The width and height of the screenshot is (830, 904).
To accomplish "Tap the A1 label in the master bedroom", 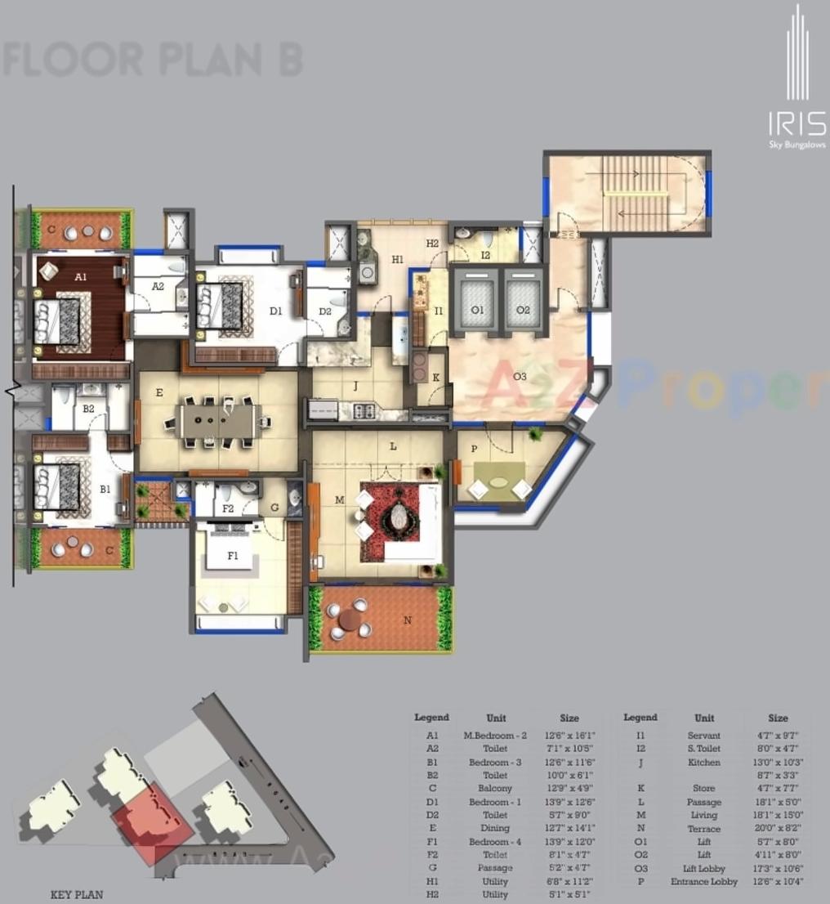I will pyautogui.click(x=80, y=277).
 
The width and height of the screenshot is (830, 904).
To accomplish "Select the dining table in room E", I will pyautogui.click(x=218, y=423).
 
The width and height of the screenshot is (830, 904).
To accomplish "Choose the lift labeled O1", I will pyautogui.click(x=476, y=309).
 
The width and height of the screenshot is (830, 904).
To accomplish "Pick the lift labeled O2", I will pyautogui.click(x=523, y=309).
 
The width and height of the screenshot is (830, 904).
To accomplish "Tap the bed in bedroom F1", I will pyautogui.click(x=233, y=557).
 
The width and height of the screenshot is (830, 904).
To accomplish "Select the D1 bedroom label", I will pyautogui.click(x=275, y=311).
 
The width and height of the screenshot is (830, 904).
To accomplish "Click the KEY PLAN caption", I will pyautogui.click(x=77, y=894).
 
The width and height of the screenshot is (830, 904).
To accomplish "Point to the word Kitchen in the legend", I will pyautogui.click(x=703, y=762).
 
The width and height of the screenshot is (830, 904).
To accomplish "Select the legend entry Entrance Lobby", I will pyautogui.click(x=703, y=881).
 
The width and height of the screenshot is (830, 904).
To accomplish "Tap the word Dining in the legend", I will pyautogui.click(x=495, y=828).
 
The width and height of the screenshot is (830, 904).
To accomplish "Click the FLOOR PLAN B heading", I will pyautogui.click(x=153, y=60).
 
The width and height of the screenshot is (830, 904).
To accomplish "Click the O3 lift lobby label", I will pyautogui.click(x=520, y=377).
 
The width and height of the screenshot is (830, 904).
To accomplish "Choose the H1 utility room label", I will pyautogui.click(x=398, y=260).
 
